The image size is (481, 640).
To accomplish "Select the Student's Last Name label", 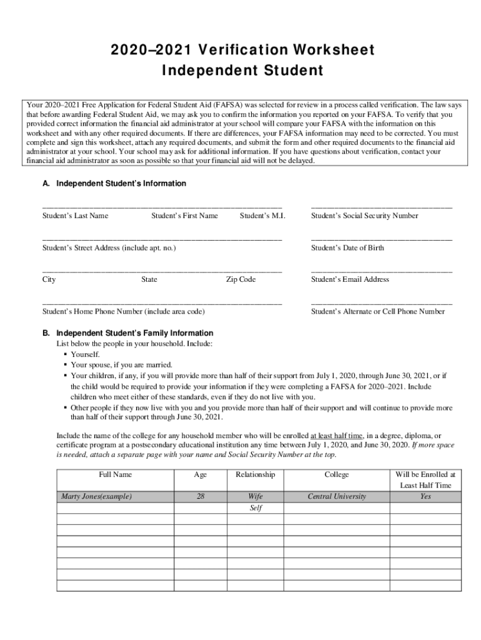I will pyautogui.click(x=75, y=216).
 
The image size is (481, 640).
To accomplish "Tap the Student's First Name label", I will pyautogui.click(x=184, y=216).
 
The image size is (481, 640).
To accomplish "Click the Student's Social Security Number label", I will pyautogui.click(x=365, y=216).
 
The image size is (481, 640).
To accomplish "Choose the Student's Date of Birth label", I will pyautogui.click(x=347, y=248).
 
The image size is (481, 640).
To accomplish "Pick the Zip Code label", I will pyautogui.click(x=241, y=279).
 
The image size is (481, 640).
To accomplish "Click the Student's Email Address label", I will pyautogui.click(x=350, y=279).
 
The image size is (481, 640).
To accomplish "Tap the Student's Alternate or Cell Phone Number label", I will pyautogui.click(x=378, y=311).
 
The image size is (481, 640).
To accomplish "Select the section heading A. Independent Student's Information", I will pyautogui.click(x=114, y=184).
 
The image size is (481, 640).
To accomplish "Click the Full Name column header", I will pyautogui.click(x=115, y=474).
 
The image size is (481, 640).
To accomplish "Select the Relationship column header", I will pyautogui.click(x=255, y=474).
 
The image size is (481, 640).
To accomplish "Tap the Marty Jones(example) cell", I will pyautogui.click(x=96, y=497).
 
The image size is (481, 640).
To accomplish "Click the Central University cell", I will pyautogui.click(x=337, y=497).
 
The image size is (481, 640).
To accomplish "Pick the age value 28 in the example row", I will pyautogui.click(x=200, y=497).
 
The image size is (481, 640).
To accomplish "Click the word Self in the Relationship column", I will pyautogui.click(x=255, y=508).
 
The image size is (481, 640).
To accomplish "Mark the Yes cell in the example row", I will pyautogui.click(x=425, y=497).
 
